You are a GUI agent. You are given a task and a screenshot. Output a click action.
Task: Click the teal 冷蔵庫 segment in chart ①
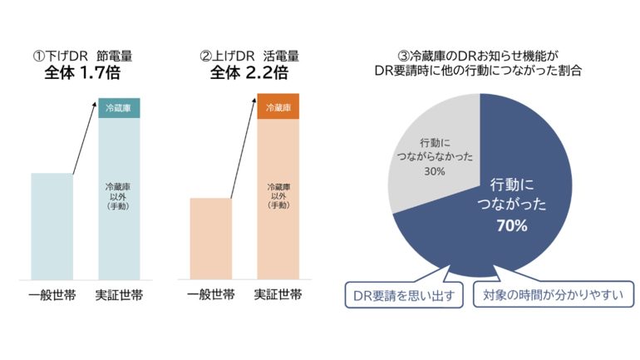pos(119,108)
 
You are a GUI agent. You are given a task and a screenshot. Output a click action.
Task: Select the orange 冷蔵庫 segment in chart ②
pos(278,108)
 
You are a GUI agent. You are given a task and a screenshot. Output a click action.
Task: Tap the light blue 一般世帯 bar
pos(52,225)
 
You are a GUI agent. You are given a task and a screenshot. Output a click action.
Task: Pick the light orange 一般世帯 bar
pos(210,238)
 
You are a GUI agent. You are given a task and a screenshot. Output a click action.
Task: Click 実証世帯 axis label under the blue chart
pos(119,293)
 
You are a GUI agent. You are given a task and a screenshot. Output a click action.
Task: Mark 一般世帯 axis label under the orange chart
pos(210,293)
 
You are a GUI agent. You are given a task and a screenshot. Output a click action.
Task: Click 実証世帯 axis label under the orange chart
pos(278,293)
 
